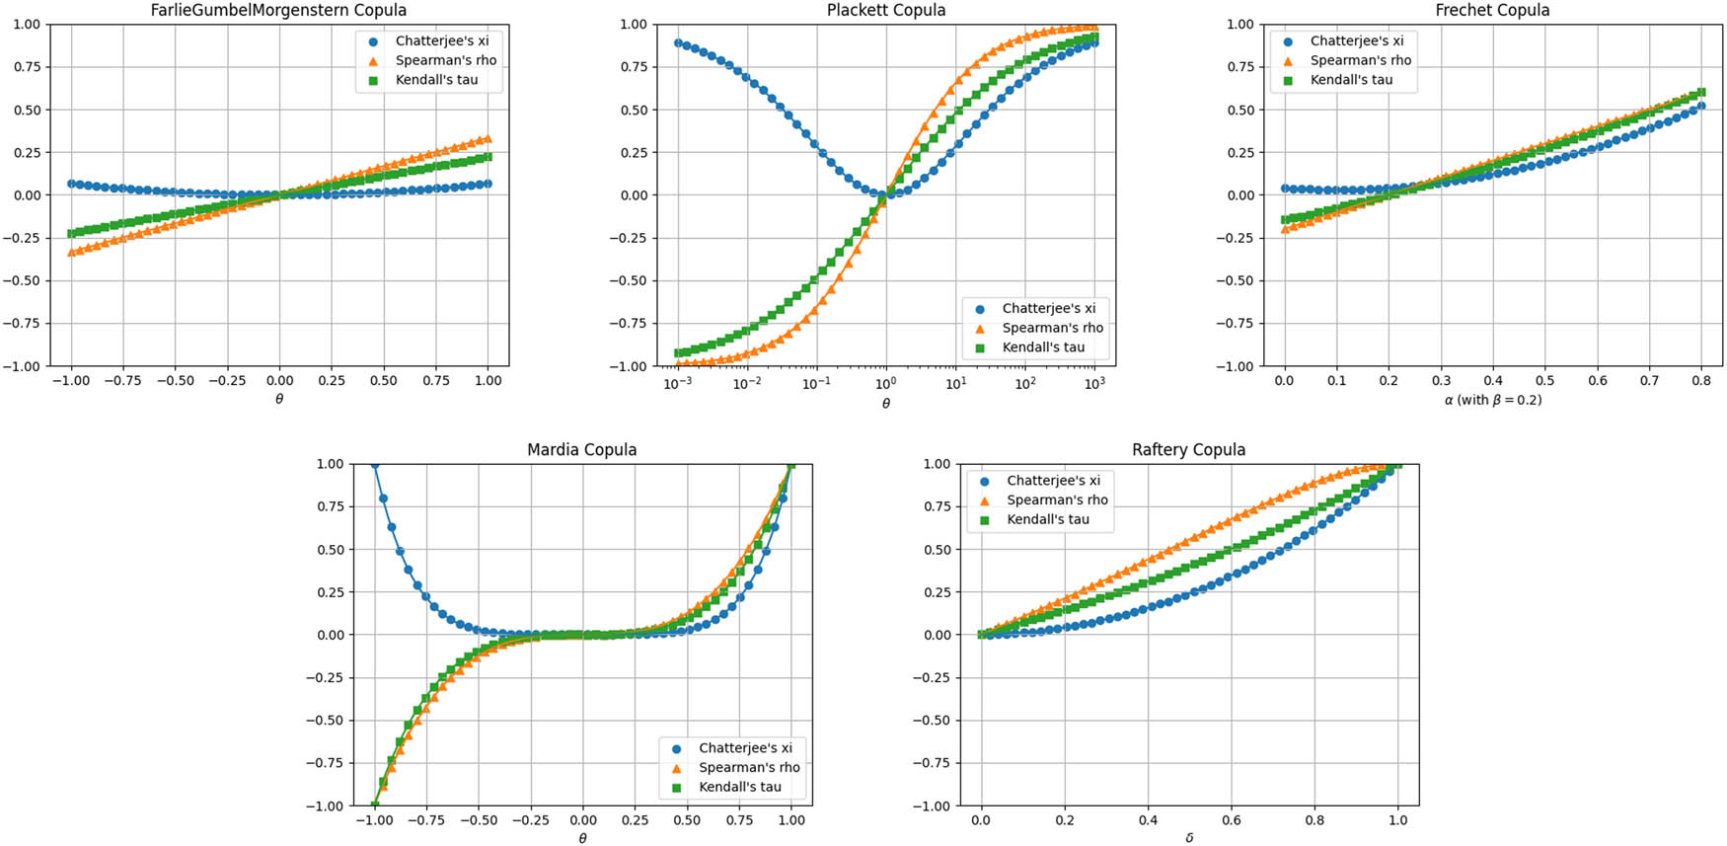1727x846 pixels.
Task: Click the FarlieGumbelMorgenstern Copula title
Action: click(278, 10)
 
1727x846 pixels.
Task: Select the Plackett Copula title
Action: click(885, 10)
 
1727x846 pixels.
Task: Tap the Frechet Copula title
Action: click(1492, 10)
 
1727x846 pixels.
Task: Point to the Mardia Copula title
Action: click(581, 449)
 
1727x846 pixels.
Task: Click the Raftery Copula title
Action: click(1188, 449)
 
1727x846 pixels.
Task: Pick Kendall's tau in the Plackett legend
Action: click(1043, 347)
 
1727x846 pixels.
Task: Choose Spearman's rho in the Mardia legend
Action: click(749, 767)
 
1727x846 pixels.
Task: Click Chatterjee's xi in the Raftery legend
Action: click(1053, 481)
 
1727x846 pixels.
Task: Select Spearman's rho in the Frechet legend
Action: click(1360, 60)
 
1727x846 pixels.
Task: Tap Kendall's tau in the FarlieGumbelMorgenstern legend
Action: click(436, 80)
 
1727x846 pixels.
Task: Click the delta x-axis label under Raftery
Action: click(1189, 838)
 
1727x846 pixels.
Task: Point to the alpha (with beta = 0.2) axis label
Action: click(1492, 400)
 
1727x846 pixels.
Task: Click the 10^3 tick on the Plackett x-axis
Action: click(1093, 383)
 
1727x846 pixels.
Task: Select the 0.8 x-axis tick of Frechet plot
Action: click(1701, 380)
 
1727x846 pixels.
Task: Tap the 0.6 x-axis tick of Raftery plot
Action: click(1231, 819)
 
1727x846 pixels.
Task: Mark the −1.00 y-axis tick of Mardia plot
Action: click(323, 806)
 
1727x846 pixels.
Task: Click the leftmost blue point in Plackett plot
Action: click(678, 43)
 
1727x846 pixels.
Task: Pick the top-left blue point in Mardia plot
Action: click(374, 464)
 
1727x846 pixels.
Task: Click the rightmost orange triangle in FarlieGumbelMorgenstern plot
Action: click(488, 139)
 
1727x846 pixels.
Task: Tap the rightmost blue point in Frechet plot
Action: click(1700, 106)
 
